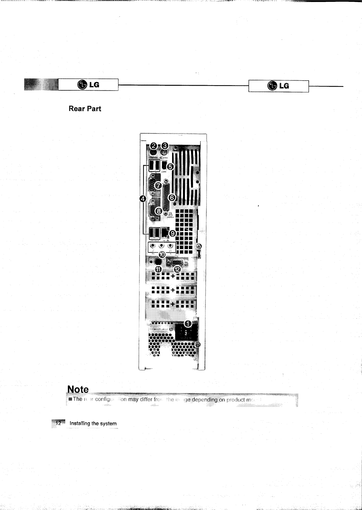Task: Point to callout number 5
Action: pos(170,166)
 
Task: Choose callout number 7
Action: pos(158,186)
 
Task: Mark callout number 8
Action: pos(158,211)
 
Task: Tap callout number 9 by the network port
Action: pos(172,233)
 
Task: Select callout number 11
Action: pos(158,269)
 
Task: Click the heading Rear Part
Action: pos(85,109)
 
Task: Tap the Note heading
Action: pos(78,389)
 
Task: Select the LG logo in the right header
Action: pos(278,86)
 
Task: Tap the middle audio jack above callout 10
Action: pos(162,246)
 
